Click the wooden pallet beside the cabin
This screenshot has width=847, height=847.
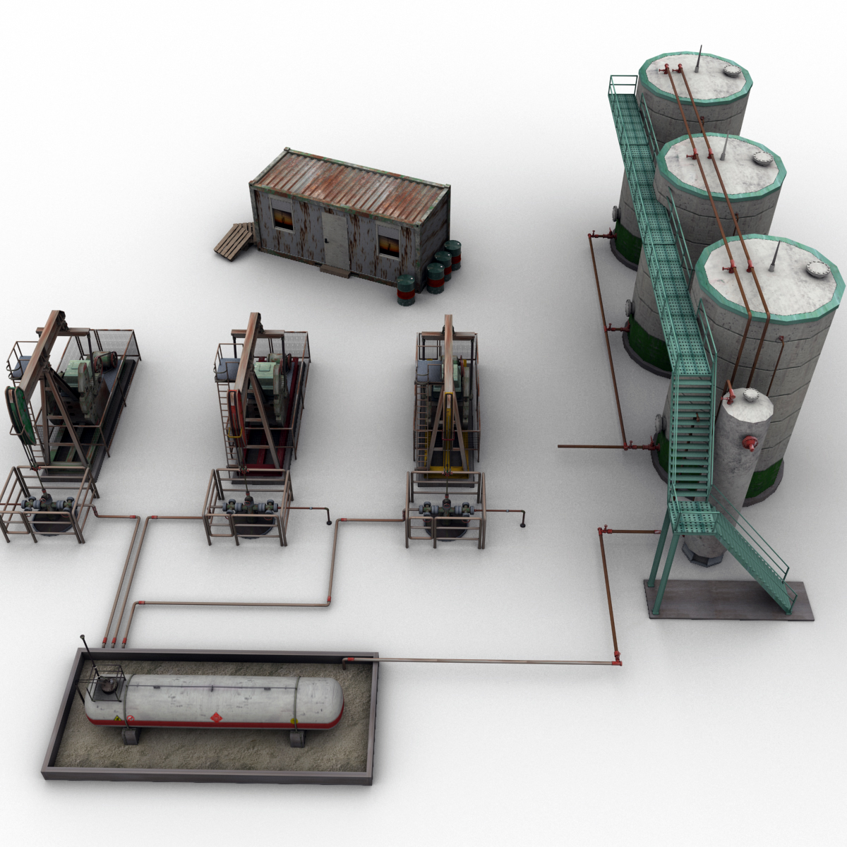234,240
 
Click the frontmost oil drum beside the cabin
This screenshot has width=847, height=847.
407,290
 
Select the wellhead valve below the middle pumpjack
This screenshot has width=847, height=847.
248,507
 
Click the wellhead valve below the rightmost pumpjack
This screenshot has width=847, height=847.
446,507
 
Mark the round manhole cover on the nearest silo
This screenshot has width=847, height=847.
819,269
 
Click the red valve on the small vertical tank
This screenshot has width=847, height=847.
750,443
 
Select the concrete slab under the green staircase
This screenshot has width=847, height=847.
727,600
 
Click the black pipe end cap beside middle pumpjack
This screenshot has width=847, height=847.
328,522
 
